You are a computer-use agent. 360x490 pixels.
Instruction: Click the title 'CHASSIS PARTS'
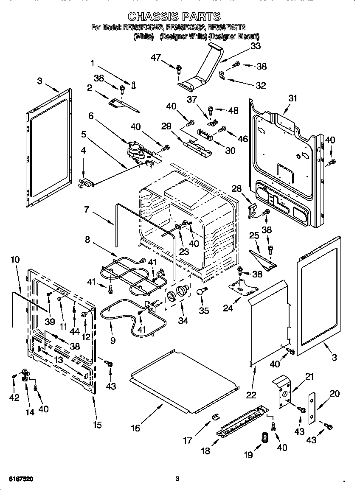click(174, 17)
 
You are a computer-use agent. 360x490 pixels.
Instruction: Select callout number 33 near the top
click(255, 47)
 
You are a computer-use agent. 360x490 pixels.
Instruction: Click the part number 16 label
click(135, 428)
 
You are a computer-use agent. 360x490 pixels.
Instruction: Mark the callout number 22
click(251, 395)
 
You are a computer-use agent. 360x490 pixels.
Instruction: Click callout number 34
click(183, 321)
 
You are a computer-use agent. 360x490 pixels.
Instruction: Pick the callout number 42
click(14, 397)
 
